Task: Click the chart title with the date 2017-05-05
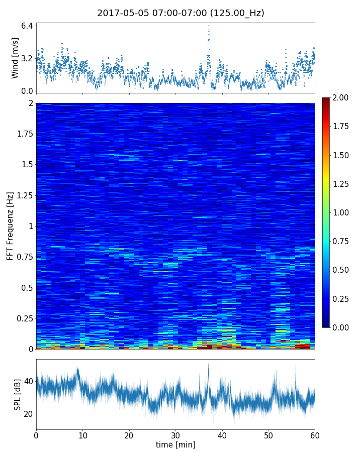tap(180, 13)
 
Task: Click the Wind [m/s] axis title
tap(15, 58)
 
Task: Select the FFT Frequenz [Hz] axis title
tap(10, 226)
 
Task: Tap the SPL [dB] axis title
tap(17, 395)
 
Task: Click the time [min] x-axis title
tap(175, 444)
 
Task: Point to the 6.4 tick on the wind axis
tap(27, 25)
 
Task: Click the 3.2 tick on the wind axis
tap(27, 58)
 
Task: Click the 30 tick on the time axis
tap(175, 435)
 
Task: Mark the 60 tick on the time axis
tap(315, 435)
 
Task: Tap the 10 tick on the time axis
tap(82, 435)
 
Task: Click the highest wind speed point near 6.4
tap(209, 26)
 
